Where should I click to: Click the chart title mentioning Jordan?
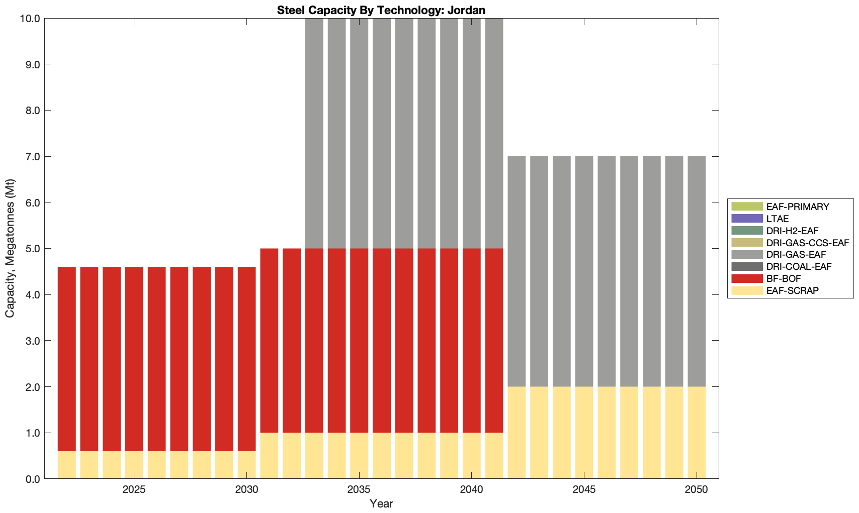coord(381,10)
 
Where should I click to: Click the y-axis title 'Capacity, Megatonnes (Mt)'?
coord(10,248)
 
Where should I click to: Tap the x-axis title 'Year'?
coord(381,503)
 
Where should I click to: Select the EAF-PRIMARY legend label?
coord(798,207)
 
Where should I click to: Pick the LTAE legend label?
coord(777,219)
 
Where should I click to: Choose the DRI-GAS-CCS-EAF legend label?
coord(807,243)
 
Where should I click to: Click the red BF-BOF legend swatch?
coord(747,278)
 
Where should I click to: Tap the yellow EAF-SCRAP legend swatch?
coord(747,290)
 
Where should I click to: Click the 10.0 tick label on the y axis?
coord(31,19)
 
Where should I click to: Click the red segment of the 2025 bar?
coord(134,359)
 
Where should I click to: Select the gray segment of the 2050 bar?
coord(697,271)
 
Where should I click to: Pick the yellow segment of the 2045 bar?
coord(584,433)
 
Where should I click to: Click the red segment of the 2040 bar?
coord(471,341)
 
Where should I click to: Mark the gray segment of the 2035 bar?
coord(359,133)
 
